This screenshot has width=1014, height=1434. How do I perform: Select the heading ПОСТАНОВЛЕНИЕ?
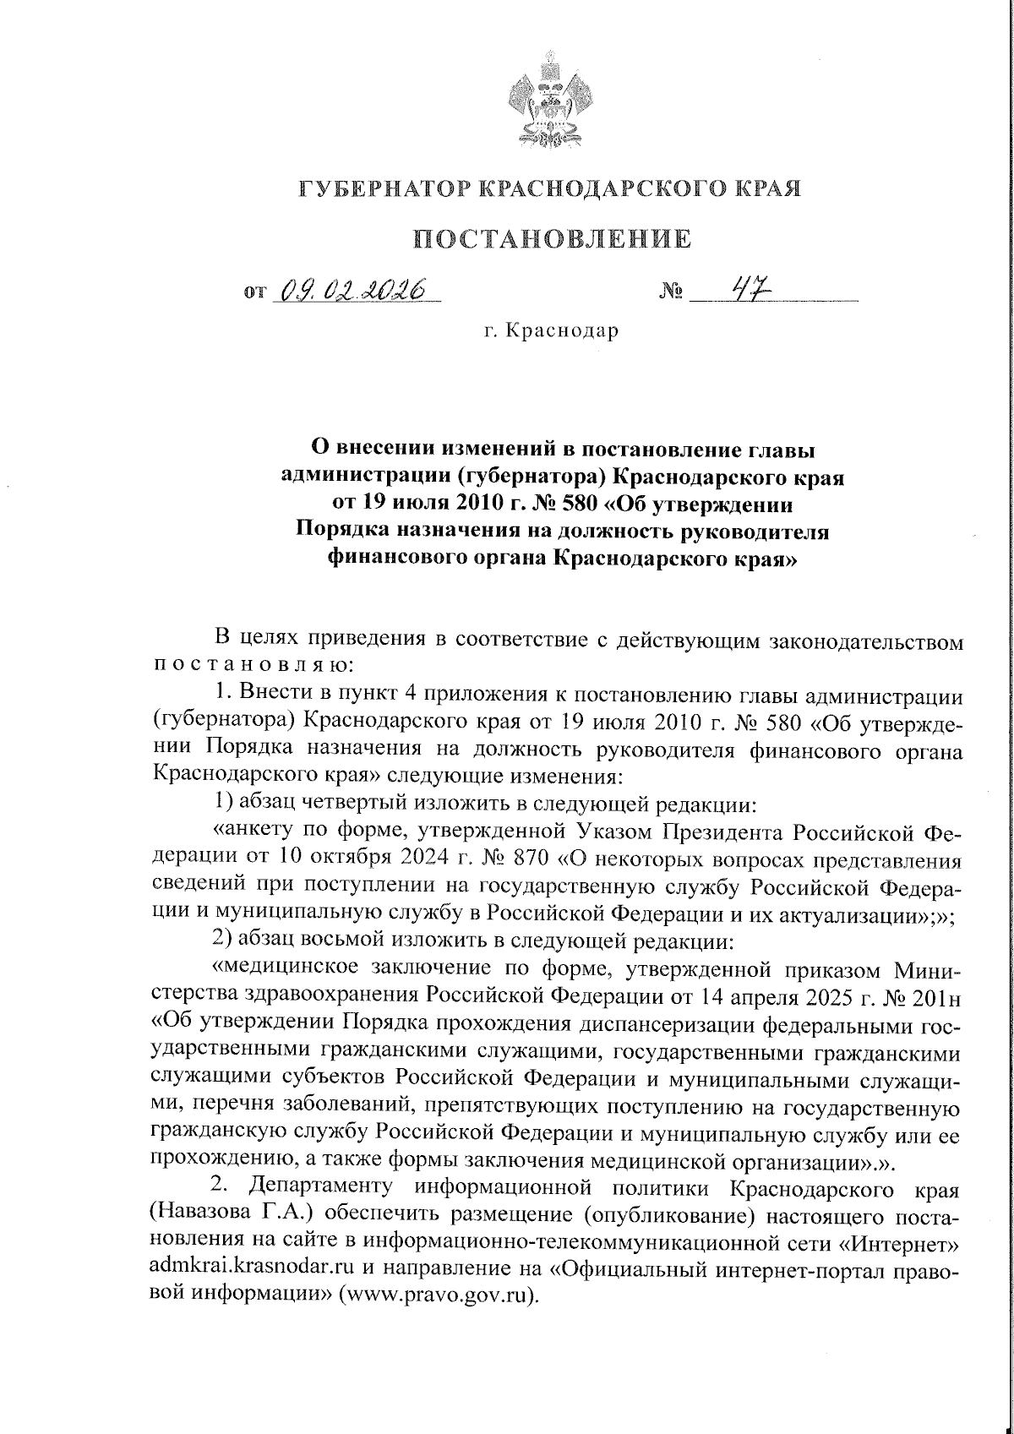[551, 239]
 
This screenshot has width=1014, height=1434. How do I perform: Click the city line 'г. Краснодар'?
[551, 330]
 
